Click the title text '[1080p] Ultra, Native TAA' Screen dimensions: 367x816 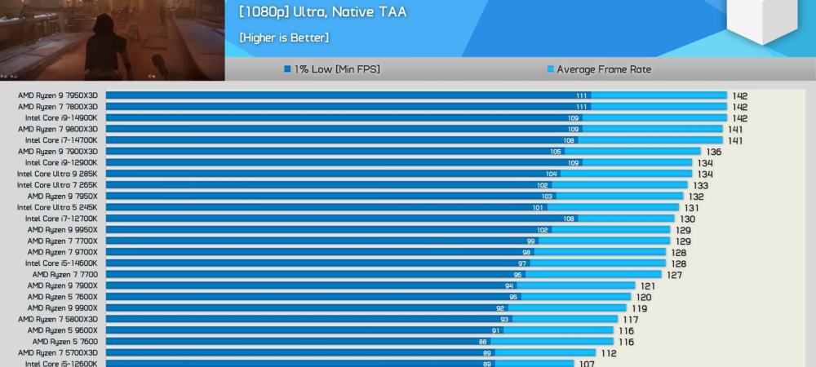coord(322,12)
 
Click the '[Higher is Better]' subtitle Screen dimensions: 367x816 coord(284,38)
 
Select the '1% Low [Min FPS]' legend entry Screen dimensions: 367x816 coord(331,69)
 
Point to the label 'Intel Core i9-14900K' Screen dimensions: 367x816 coord(61,118)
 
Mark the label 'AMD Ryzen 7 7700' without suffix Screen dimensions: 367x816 coord(65,275)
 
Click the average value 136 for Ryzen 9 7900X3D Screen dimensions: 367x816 coord(714,152)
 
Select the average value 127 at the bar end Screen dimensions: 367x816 coord(675,275)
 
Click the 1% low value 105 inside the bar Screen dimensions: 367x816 coord(556,152)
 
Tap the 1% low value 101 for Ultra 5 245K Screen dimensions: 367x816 coord(538,207)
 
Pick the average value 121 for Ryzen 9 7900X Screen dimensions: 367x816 coord(648,286)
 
